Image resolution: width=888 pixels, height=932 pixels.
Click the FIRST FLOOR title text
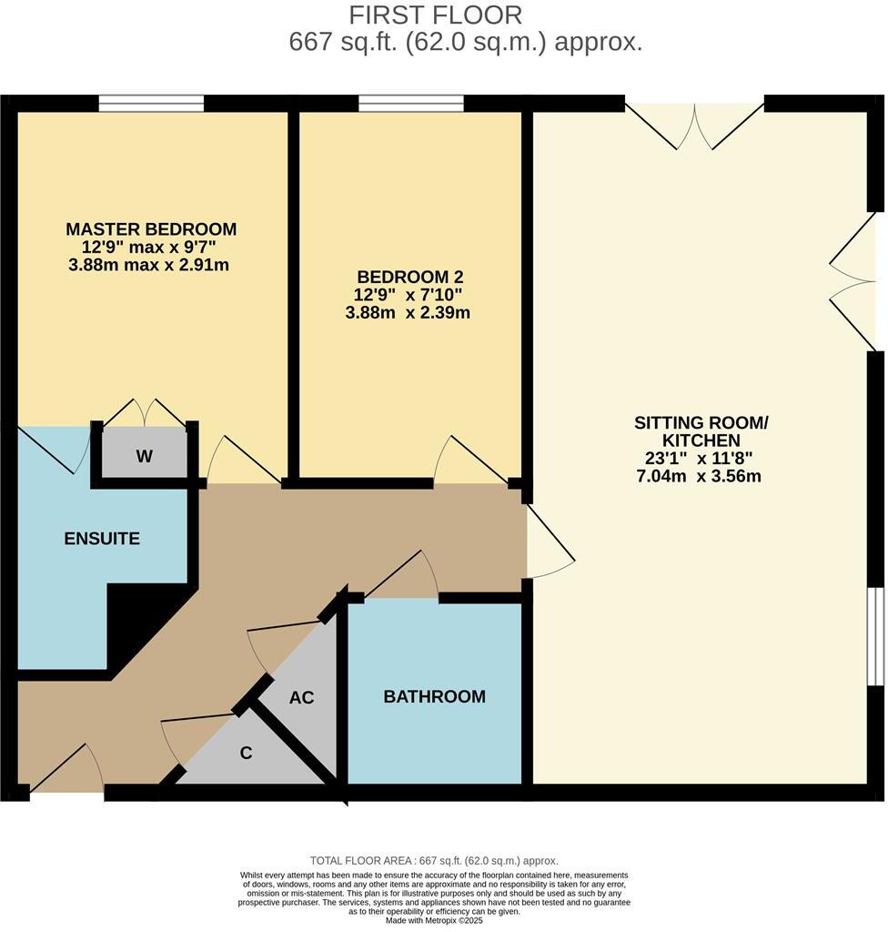(x=435, y=15)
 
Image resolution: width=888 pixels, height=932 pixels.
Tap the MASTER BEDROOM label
(x=151, y=228)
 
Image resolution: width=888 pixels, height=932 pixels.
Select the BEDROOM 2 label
(x=410, y=277)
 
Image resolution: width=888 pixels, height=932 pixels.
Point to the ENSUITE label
(x=102, y=539)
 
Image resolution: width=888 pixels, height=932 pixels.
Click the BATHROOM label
(x=435, y=696)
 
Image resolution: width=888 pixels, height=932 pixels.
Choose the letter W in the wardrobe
(x=145, y=456)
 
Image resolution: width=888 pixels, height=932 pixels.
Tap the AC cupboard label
(x=301, y=697)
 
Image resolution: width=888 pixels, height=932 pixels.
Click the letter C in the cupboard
(x=246, y=753)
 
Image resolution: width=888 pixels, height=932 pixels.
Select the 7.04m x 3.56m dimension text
(x=699, y=476)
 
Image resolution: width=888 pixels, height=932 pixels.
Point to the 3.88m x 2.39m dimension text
(x=408, y=312)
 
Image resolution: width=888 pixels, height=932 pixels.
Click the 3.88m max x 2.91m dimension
(x=148, y=265)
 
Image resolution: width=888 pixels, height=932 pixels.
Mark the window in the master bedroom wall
(x=152, y=104)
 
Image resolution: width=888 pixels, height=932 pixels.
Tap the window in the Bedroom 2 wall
(x=411, y=104)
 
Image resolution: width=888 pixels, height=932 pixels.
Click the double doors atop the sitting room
(x=694, y=126)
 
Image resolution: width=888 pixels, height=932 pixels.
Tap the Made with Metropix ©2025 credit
(x=434, y=921)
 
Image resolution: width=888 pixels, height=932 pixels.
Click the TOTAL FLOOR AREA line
(x=434, y=861)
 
